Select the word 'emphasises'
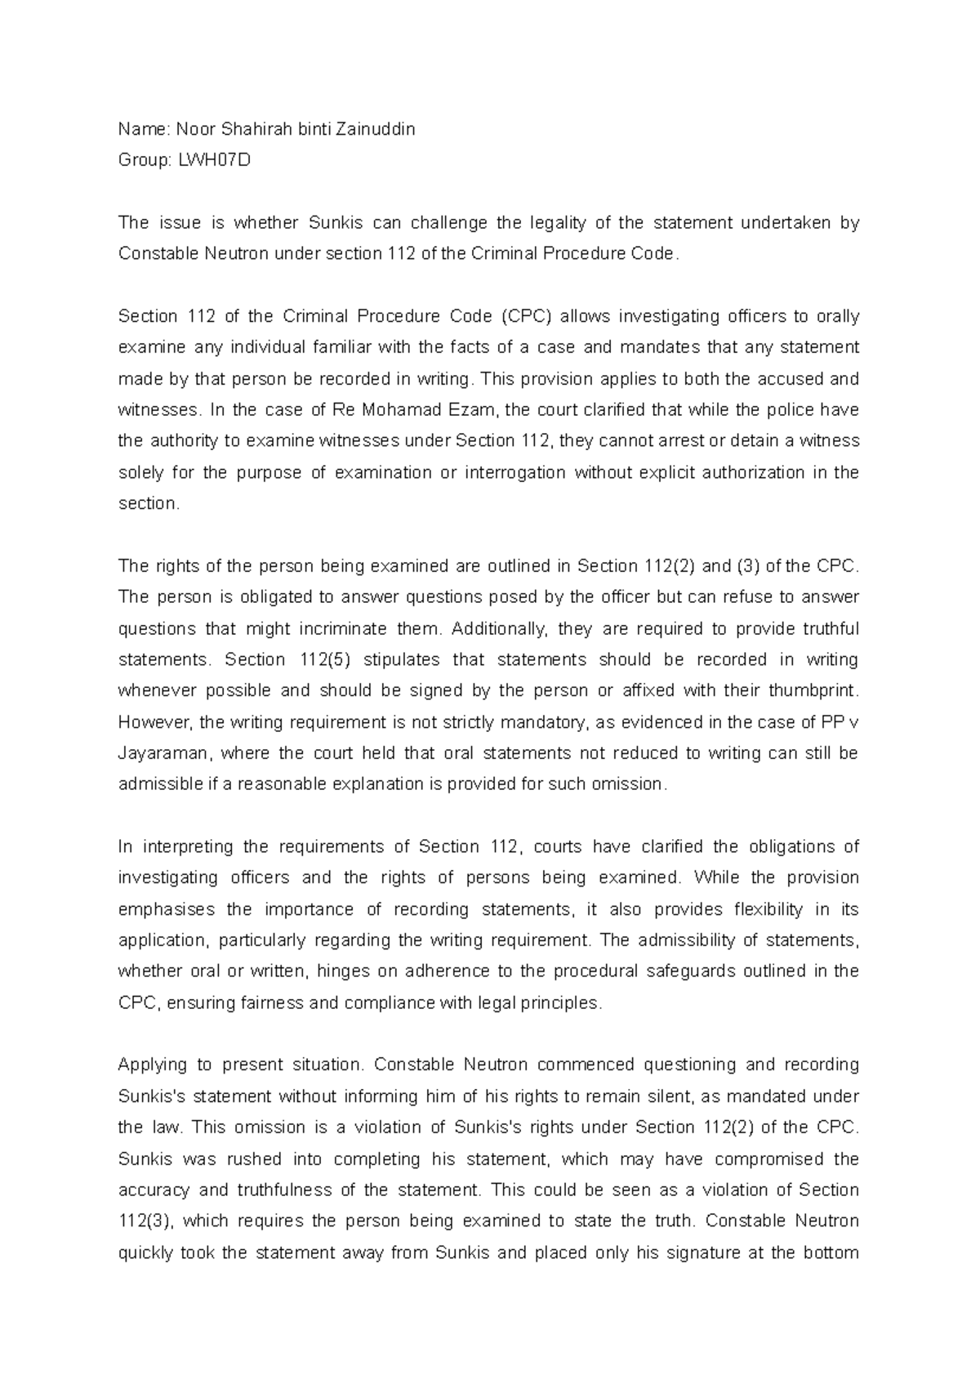[x=167, y=909]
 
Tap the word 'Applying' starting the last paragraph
[x=153, y=1065]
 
